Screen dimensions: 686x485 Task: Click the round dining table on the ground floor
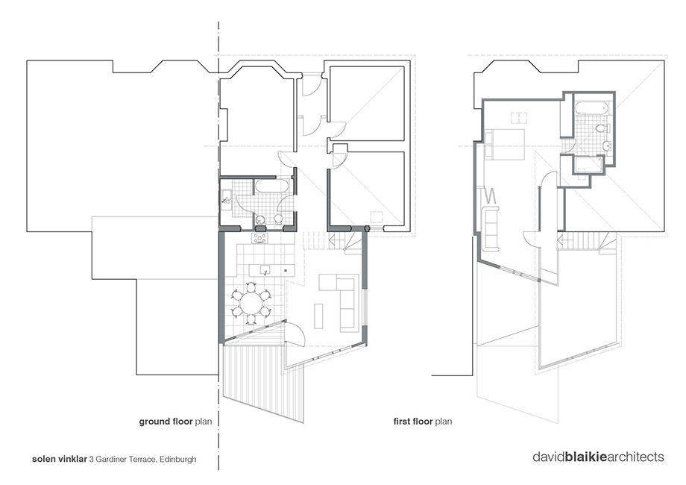[x=251, y=304]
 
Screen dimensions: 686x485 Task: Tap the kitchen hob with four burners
[x=259, y=238]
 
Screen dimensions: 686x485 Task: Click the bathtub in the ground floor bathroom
[x=271, y=186]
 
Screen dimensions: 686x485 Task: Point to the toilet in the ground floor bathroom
[x=278, y=218]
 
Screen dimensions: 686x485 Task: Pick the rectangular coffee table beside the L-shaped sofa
[x=318, y=316]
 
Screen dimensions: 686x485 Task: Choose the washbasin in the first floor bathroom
[x=606, y=145]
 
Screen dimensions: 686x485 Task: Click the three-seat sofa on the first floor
[x=490, y=229]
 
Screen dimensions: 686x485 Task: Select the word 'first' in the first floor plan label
[x=403, y=422]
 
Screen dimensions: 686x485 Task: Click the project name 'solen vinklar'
[x=60, y=460]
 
